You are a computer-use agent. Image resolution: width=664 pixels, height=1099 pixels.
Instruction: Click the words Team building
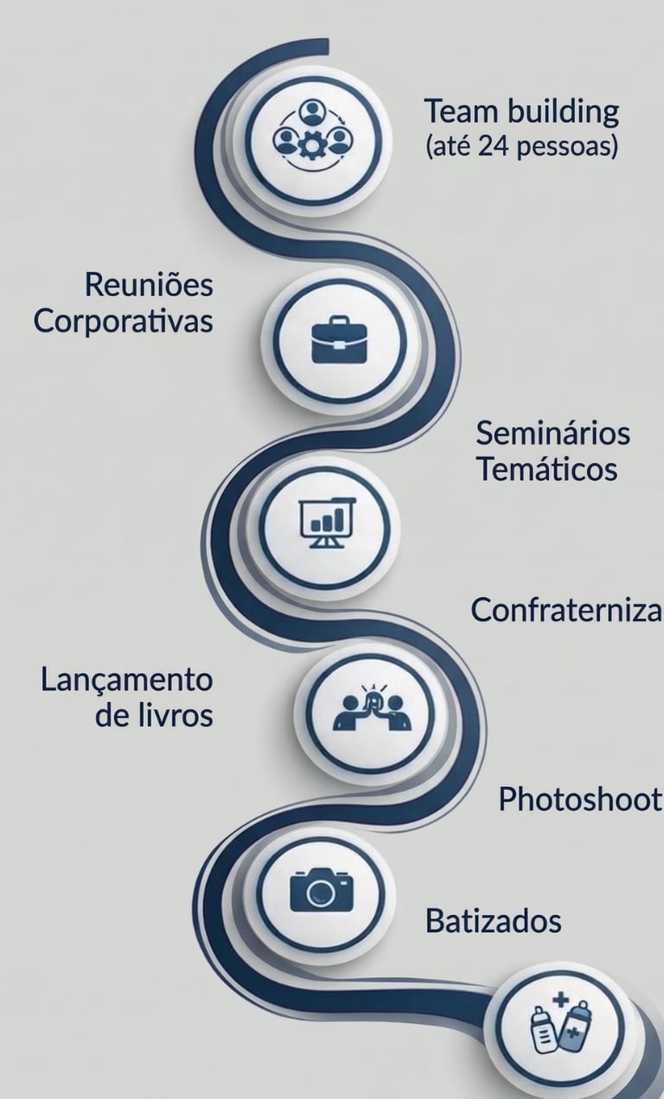[x=521, y=111]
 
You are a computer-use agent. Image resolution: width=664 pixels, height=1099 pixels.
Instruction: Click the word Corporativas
[x=124, y=321]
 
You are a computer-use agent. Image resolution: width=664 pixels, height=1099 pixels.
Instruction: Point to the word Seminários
[x=552, y=432]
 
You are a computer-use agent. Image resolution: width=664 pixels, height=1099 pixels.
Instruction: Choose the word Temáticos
[x=547, y=470]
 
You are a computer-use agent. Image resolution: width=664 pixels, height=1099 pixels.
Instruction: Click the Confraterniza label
[x=566, y=611]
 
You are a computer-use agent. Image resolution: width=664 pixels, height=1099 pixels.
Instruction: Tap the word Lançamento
[x=126, y=679]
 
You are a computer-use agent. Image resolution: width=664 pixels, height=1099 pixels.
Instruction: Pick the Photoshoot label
[x=580, y=800]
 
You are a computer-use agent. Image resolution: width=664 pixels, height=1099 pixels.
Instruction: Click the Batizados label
[x=493, y=921]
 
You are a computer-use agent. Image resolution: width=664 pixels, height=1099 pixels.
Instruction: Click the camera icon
[x=322, y=889]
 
